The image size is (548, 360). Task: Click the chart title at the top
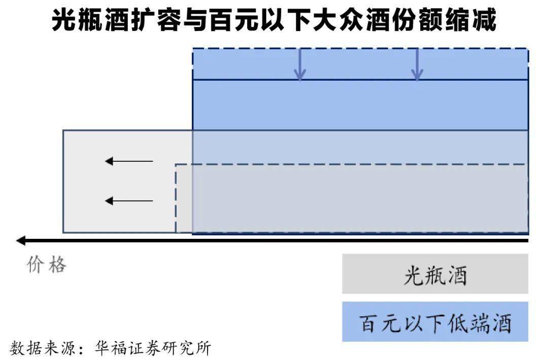[274, 21]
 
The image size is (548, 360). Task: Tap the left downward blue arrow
[300, 64]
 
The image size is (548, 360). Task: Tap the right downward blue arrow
[417, 64]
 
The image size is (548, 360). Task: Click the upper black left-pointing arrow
[129, 161]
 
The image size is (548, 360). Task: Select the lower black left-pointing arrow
[129, 201]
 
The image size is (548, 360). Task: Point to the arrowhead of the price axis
[20, 240]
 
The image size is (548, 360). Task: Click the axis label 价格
[47, 265]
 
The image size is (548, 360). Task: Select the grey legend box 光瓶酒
[435, 274]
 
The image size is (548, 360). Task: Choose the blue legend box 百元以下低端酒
[435, 322]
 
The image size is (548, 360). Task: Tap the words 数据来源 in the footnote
[44, 348]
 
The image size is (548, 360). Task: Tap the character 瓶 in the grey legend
[435, 275]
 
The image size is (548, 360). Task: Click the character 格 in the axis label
[57, 265]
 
